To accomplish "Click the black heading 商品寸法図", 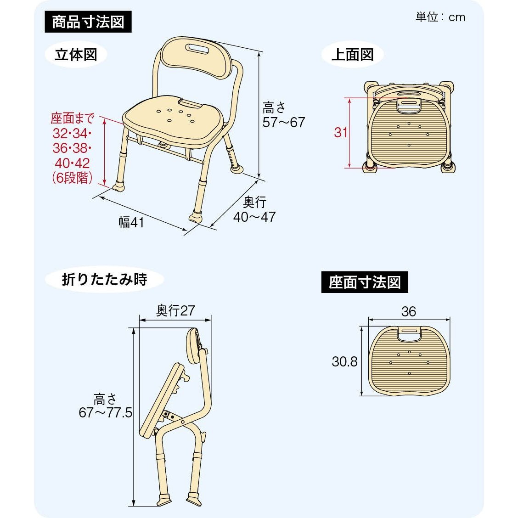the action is (88, 22).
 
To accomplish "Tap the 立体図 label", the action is (76, 55).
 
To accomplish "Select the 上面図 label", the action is (352, 55).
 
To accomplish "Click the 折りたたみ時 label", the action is (104, 279).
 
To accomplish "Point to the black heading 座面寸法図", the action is (365, 282).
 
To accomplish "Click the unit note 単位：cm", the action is (440, 17).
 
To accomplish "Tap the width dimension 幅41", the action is (132, 222).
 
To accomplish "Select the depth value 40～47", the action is (254, 217).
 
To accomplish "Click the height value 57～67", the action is (283, 122).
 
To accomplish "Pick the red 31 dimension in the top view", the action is (341, 132).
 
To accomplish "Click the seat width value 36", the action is (408, 311).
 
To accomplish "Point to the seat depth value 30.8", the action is (344, 361).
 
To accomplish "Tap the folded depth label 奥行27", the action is (175, 310).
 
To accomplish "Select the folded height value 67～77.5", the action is (105, 412).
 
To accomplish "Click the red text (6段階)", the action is (72, 178).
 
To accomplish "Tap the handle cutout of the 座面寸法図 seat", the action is (409, 335).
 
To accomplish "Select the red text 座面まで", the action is (72, 118).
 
